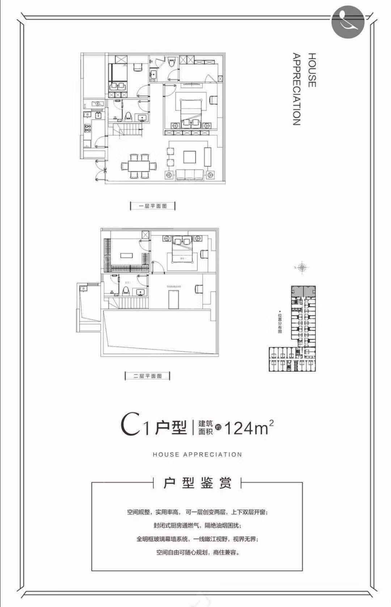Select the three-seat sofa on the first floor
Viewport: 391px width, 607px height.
(x=189, y=175)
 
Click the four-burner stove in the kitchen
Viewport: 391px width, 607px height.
(x=87, y=128)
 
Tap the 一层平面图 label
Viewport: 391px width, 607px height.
(x=152, y=206)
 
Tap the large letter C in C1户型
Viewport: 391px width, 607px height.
(x=130, y=426)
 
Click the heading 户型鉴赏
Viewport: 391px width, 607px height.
(x=197, y=483)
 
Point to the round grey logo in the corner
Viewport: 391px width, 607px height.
(x=348, y=22)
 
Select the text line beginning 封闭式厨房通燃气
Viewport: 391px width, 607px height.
(x=197, y=526)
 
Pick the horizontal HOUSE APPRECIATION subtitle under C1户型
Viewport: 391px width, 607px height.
(x=197, y=454)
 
